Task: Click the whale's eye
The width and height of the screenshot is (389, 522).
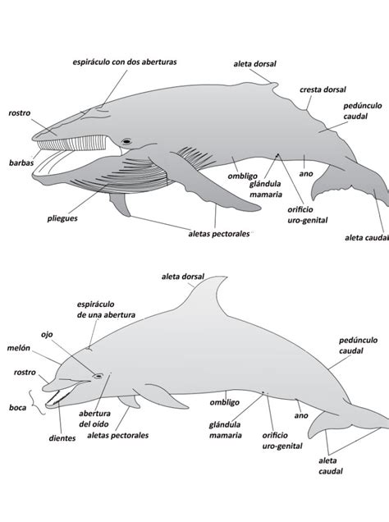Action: (x=126, y=141)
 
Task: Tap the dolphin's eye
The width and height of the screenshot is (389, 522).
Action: (x=98, y=376)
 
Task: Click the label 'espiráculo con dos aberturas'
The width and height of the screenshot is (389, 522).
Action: (x=125, y=62)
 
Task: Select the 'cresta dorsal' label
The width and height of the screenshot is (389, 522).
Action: (x=323, y=89)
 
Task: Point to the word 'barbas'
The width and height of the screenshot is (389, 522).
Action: (x=21, y=163)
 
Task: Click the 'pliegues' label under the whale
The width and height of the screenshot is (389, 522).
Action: (x=62, y=218)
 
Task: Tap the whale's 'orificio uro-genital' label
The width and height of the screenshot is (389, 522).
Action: (x=308, y=215)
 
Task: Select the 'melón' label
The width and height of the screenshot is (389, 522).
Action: (x=19, y=348)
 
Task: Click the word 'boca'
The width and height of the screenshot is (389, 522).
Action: (x=17, y=407)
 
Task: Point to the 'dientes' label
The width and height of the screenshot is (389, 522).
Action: (x=62, y=438)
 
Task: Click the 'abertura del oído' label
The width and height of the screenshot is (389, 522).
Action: (x=94, y=419)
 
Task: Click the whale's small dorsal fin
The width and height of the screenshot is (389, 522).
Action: (x=274, y=85)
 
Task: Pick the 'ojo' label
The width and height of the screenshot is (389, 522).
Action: (x=47, y=335)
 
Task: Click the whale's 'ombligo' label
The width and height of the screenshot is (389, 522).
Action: (x=243, y=176)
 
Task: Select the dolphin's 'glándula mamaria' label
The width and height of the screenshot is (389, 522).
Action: (x=226, y=430)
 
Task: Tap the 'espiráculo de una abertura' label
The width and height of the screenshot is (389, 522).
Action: (x=106, y=309)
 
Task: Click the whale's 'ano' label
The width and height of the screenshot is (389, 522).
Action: (x=306, y=173)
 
